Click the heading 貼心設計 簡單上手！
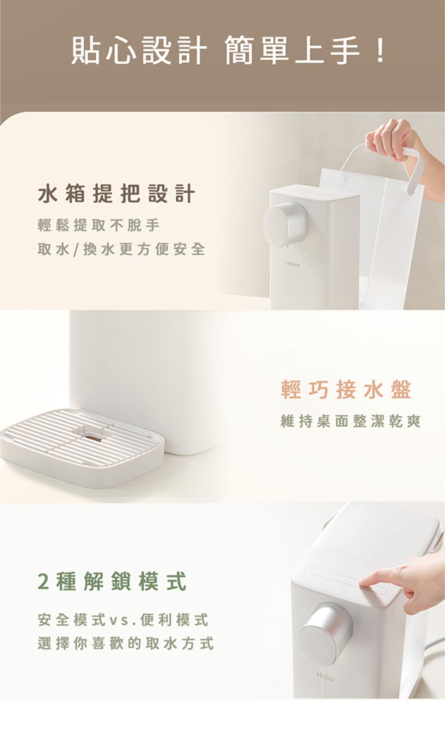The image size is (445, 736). [x=228, y=51]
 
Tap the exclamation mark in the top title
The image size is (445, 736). [x=380, y=51]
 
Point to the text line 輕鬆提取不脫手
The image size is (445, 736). [x=98, y=225]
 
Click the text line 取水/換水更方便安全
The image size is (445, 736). [x=121, y=249]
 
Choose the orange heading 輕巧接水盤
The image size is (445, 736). [x=346, y=390]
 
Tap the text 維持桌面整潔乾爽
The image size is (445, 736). [x=351, y=421]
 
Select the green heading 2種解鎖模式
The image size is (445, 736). [x=112, y=581]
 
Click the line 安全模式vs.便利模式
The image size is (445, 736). [x=123, y=620]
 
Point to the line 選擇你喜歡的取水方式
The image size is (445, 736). [x=125, y=643]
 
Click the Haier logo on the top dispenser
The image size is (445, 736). [x=292, y=264]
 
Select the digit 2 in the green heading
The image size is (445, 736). [x=43, y=581]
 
